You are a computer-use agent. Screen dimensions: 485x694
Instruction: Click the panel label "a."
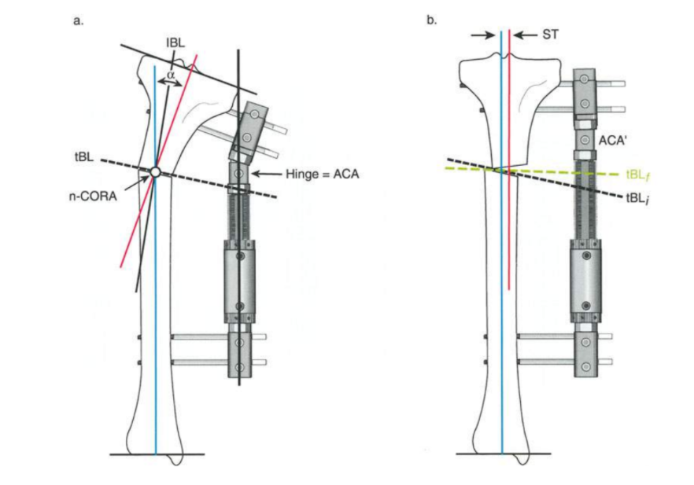click(78, 20)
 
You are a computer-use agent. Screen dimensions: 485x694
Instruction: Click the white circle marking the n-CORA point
click(155, 172)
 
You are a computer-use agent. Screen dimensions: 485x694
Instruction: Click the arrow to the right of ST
click(525, 35)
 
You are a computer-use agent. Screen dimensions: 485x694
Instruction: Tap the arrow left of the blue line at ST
click(482, 35)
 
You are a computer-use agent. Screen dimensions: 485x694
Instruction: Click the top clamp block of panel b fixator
click(584, 94)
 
